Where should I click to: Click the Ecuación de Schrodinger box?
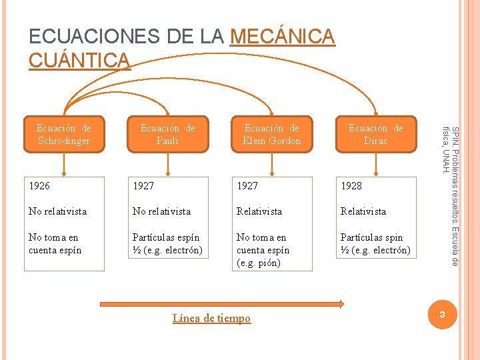tap(64, 134)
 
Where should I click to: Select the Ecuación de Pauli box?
tap(167, 134)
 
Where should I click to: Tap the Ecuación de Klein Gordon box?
tap(271, 134)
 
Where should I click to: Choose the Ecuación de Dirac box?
tap(375, 134)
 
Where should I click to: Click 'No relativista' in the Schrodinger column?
tap(58, 211)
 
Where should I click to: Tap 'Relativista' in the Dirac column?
tap(363, 211)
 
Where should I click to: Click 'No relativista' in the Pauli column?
tap(162, 211)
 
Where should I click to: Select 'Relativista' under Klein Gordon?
tap(259, 211)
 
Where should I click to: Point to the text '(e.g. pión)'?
tap(259, 263)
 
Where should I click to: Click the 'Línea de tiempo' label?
tap(211, 319)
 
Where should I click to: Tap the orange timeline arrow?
tap(221, 305)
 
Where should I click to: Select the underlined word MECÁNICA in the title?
tap(282, 37)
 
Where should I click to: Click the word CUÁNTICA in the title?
tap(79, 60)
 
